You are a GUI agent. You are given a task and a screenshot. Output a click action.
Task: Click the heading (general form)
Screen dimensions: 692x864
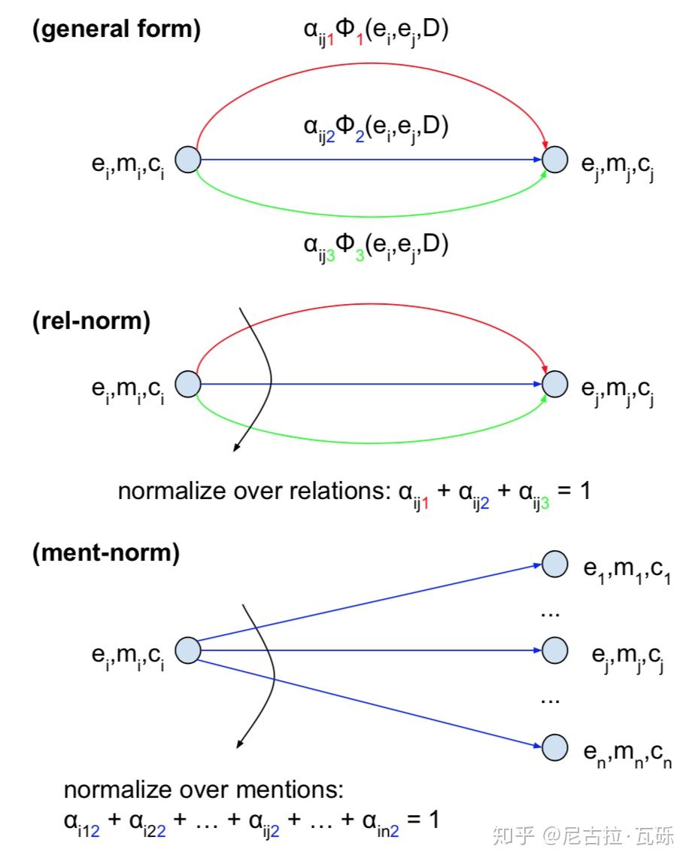(116, 29)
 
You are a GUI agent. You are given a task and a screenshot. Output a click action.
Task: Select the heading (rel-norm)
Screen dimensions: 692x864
(91, 321)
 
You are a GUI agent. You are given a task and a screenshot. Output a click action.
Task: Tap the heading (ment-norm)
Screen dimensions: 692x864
(106, 552)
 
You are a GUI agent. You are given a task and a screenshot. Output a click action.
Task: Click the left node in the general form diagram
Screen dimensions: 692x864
(188, 160)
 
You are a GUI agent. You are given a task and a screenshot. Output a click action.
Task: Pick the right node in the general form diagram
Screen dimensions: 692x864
(554, 160)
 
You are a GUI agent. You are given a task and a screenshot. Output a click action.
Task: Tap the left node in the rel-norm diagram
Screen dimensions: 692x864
(188, 384)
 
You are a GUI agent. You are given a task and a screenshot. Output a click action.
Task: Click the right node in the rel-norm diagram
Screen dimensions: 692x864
(554, 384)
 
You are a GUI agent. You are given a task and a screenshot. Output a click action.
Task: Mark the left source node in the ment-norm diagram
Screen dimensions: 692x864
(188, 650)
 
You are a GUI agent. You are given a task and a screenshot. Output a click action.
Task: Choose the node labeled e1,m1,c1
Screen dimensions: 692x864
(554, 564)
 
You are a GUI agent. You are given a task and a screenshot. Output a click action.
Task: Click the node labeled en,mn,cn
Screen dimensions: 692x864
(554, 748)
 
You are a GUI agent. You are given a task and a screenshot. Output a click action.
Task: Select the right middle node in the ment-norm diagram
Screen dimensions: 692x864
(554, 650)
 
